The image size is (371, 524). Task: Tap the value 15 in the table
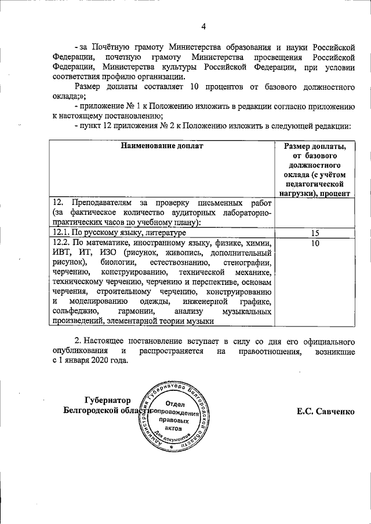315,233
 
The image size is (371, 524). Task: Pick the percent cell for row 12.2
315,244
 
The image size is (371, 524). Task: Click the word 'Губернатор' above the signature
107,400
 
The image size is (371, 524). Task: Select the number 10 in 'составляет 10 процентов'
195,87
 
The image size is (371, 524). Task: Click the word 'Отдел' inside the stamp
175,404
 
